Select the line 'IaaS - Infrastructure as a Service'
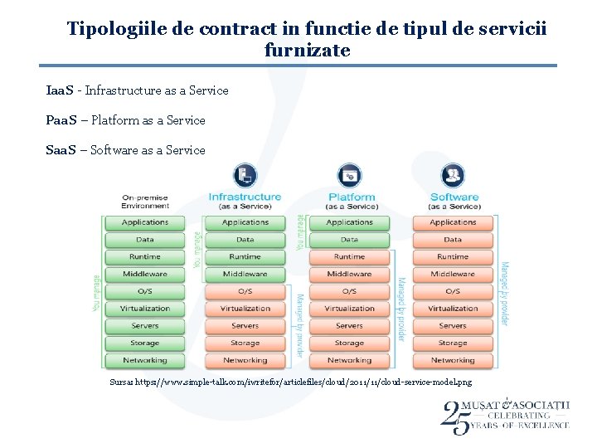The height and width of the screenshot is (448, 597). tap(137, 90)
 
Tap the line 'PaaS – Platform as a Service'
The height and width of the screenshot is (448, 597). tap(125, 120)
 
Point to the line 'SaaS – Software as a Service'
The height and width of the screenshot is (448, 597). tap(125, 150)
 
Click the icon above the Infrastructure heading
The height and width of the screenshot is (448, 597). tap(245, 176)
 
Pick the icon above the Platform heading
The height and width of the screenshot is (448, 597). tap(349, 176)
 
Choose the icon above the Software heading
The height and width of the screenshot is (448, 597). tap(453, 176)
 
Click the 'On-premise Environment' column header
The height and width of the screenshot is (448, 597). tap(145, 202)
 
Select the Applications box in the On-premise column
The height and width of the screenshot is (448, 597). tap(145, 222)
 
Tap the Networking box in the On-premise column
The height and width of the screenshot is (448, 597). tap(145, 361)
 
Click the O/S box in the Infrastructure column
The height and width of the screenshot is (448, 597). tap(245, 291)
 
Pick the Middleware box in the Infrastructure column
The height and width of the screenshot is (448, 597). tap(245, 274)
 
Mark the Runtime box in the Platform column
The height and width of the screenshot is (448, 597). tap(349, 256)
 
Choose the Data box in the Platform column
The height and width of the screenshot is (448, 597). tap(349, 240)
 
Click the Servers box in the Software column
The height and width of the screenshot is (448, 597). tap(453, 326)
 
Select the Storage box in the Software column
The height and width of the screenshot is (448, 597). tap(453, 343)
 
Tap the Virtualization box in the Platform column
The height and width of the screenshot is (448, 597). tap(349, 309)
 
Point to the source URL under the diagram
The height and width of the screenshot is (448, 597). tap(290, 382)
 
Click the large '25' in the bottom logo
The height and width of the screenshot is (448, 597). tap(455, 416)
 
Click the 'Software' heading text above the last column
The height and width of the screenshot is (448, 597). tap(454, 197)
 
